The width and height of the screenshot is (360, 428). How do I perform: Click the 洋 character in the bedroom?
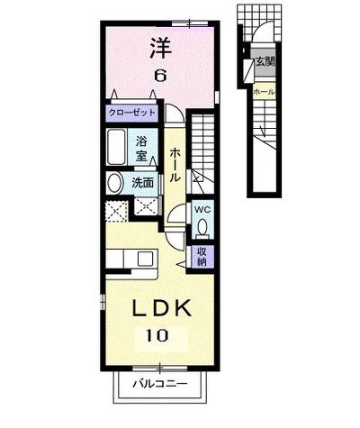tap(161, 48)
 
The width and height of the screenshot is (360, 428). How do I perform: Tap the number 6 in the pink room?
tap(160, 75)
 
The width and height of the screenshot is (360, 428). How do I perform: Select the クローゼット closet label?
tap(132, 113)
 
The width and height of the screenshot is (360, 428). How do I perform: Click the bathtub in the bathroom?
tap(116, 147)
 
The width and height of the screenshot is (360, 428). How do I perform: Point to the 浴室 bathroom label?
tap(141, 148)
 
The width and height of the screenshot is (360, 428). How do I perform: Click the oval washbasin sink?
tap(115, 183)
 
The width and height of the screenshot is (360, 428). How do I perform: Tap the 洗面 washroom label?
tap(143, 182)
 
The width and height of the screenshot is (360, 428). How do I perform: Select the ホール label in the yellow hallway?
tap(175, 165)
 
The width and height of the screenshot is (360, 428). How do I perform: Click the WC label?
tap(202, 209)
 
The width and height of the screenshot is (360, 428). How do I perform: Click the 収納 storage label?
tap(202, 256)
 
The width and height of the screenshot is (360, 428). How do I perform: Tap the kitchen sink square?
tap(145, 259)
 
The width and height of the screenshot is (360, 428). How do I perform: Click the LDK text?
tap(162, 308)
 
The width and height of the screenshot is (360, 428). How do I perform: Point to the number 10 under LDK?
tap(157, 335)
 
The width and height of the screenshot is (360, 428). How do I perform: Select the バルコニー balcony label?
tap(160, 384)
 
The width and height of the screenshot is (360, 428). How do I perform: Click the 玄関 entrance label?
tap(265, 62)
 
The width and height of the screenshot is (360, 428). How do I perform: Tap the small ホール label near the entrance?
tap(264, 92)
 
